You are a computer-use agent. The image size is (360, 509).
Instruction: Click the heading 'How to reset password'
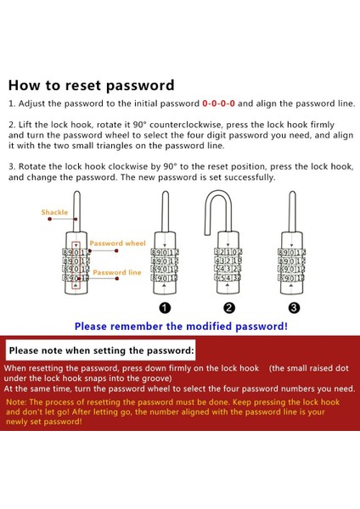[92, 86]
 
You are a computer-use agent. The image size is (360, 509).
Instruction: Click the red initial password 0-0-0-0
[218, 103]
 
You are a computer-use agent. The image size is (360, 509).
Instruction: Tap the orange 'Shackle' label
[54, 212]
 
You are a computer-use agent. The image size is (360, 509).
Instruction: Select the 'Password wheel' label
[118, 243]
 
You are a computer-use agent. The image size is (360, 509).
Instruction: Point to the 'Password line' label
[117, 272]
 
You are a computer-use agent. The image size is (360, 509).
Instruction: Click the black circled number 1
[165, 308]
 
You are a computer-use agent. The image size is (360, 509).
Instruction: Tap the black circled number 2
[229, 308]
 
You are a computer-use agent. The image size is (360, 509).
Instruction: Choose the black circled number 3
[294, 308]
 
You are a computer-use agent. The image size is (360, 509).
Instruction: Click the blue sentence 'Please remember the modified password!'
[181, 327]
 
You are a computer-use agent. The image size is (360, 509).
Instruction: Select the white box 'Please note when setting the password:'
[101, 350]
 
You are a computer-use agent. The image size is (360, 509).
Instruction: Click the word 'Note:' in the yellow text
[16, 402]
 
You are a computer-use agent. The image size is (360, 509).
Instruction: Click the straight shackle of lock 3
[292, 211]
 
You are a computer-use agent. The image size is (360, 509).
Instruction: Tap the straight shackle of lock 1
[165, 211]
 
